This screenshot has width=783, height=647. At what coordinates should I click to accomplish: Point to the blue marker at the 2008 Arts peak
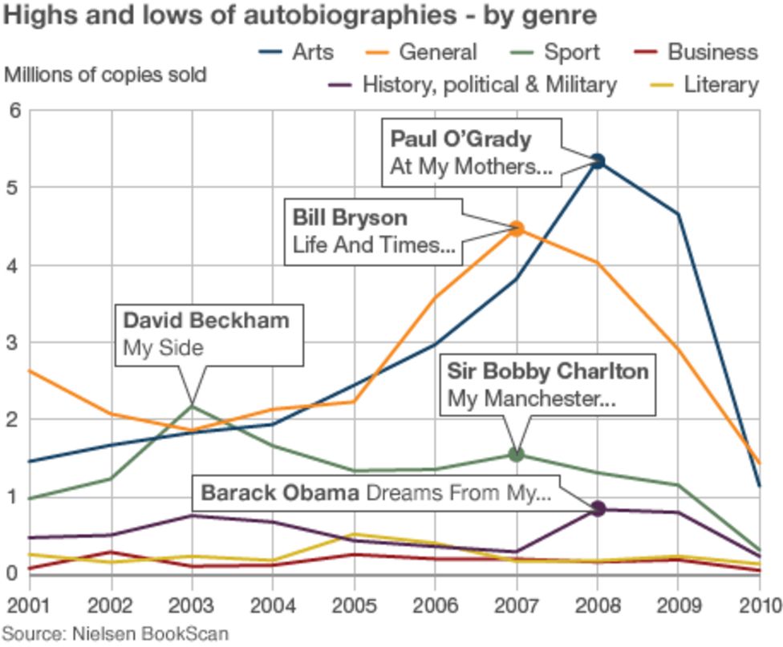[x=597, y=162]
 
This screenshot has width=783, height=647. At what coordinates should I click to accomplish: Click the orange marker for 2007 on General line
[x=517, y=229]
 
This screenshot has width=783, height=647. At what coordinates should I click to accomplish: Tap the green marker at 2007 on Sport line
[x=517, y=455]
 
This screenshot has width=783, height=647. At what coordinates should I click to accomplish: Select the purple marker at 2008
[x=597, y=508]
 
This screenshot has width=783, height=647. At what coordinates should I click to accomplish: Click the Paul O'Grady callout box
[x=472, y=153]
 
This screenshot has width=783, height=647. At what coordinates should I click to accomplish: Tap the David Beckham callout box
[x=209, y=334]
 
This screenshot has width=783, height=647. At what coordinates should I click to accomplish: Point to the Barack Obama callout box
[x=375, y=492]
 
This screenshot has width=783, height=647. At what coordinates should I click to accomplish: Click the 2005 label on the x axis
[x=354, y=604]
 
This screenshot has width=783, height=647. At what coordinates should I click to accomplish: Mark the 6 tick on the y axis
[x=14, y=111]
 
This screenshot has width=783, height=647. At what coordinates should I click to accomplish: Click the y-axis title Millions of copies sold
[x=105, y=75]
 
